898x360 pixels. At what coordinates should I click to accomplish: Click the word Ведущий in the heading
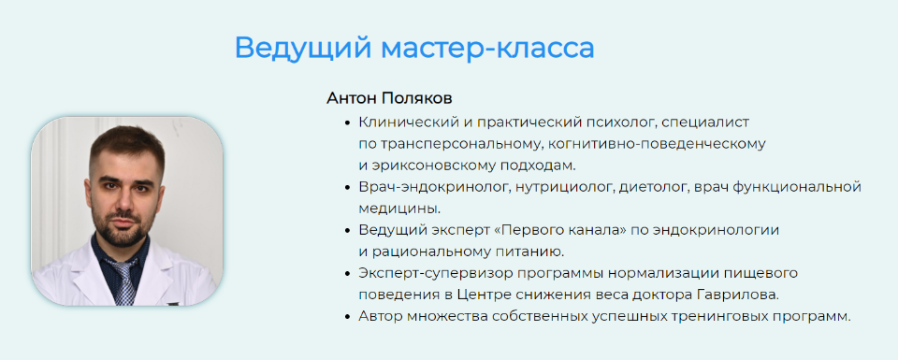click(303, 48)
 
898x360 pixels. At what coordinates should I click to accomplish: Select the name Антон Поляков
click(390, 98)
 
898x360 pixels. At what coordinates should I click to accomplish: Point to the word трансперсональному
click(454, 144)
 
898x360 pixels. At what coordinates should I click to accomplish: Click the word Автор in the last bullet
click(379, 316)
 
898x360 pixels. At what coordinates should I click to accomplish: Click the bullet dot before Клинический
click(347, 122)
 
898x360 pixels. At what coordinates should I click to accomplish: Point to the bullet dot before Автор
click(347, 316)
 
